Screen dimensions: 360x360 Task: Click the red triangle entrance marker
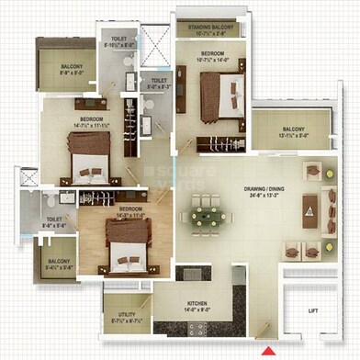pos(268,350)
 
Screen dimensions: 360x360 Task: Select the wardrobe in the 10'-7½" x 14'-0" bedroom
pos(185,101)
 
